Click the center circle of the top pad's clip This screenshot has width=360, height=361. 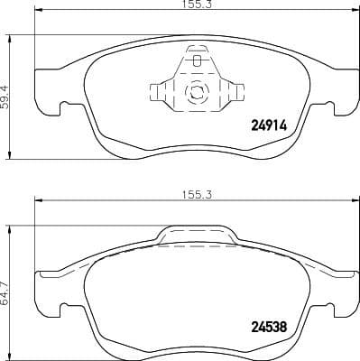[x=195, y=91]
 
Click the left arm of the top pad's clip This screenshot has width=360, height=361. [x=157, y=90]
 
